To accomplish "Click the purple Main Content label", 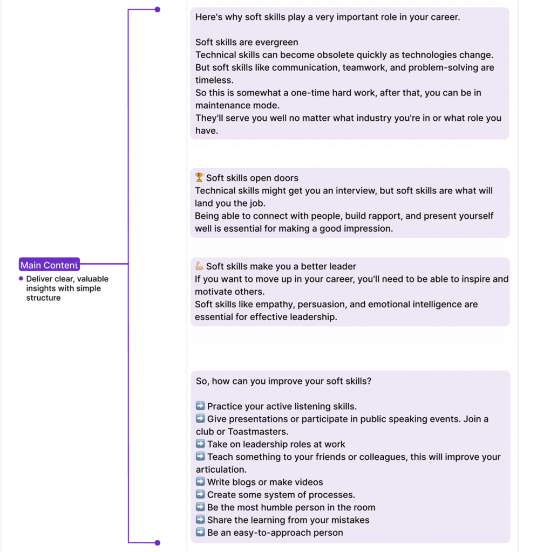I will click(49, 265).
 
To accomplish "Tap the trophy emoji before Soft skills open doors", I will click(199, 177).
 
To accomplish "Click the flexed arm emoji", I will click(199, 266).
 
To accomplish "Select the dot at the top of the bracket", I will click(157, 9).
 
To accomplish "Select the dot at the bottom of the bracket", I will click(157, 542).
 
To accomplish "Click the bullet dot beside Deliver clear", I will click(21, 279).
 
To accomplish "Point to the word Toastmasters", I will click(258, 431).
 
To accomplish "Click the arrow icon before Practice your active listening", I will click(200, 406).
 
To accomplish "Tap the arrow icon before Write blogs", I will click(200, 481).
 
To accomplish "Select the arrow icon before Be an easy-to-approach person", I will click(200, 532).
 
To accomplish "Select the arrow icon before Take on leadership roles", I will click(200, 444).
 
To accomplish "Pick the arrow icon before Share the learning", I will click(200, 520).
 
